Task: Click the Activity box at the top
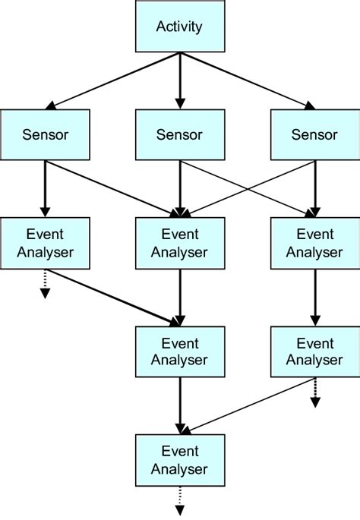click(x=179, y=27)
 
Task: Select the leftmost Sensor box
click(x=45, y=134)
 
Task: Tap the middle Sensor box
click(x=179, y=134)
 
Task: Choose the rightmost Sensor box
click(x=314, y=134)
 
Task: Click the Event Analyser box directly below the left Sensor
click(x=45, y=242)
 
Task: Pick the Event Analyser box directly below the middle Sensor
click(x=179, y=242)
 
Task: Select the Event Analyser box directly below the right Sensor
click(x=314, y=242)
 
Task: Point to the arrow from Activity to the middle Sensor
click(x=180, y=80)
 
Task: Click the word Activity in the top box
click(x=179, y=27)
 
